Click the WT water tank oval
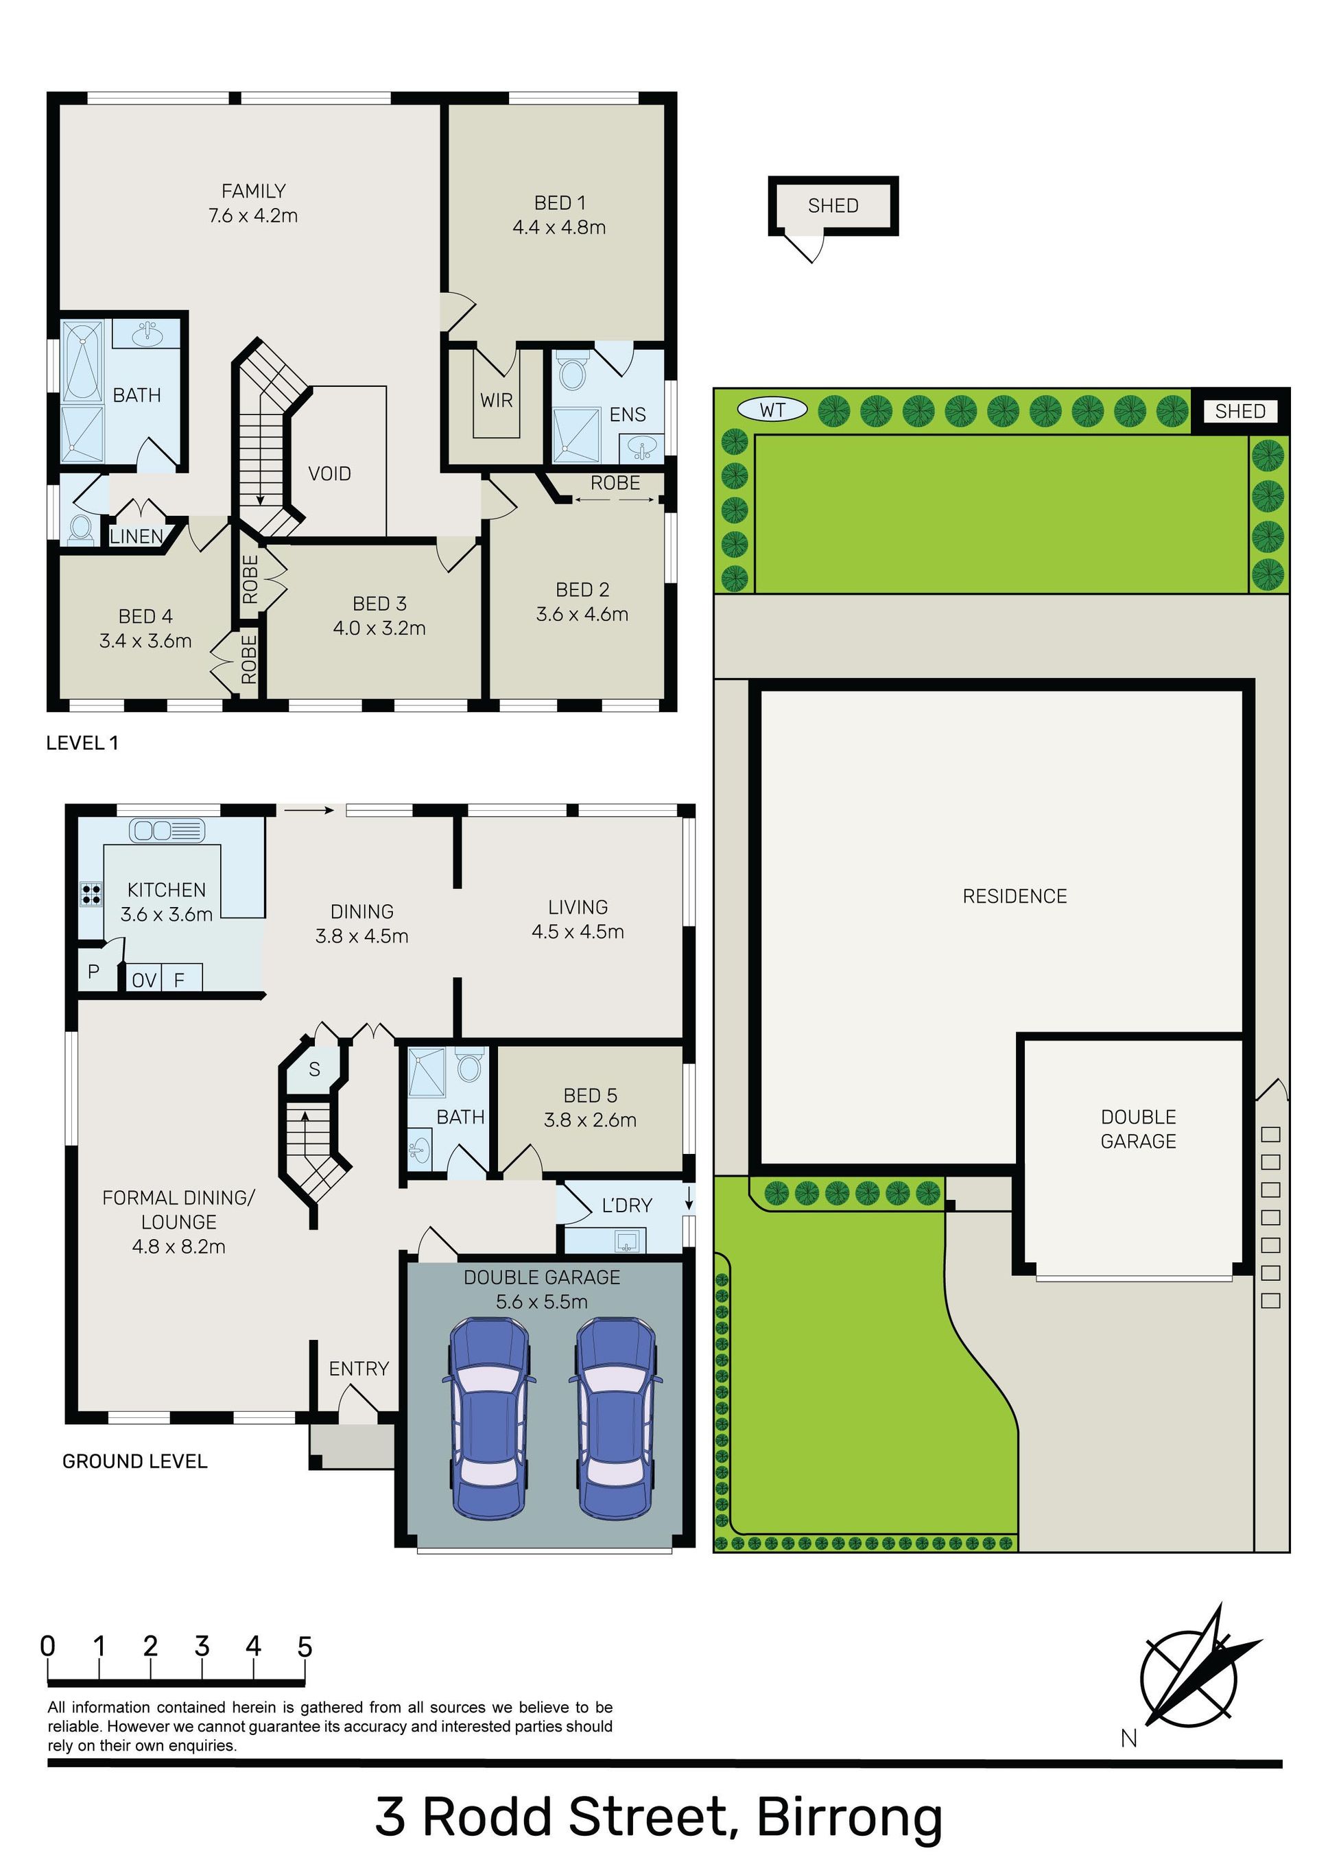click(x=772, y=410)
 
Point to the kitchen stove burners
click(x=91, y=894)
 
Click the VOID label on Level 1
click(x=330, y=473)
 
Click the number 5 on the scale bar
click(x=305, y=1647)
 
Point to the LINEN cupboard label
click(x=137, y=536)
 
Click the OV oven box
click(x=144, y=980)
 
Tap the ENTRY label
click(x=359, y=1369)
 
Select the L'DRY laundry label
click(x=627, y=1205)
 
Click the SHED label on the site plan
click(x=1240, y=412)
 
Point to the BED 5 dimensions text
click(x=591, y=1120)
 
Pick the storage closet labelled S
click(x=314, y=1069)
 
